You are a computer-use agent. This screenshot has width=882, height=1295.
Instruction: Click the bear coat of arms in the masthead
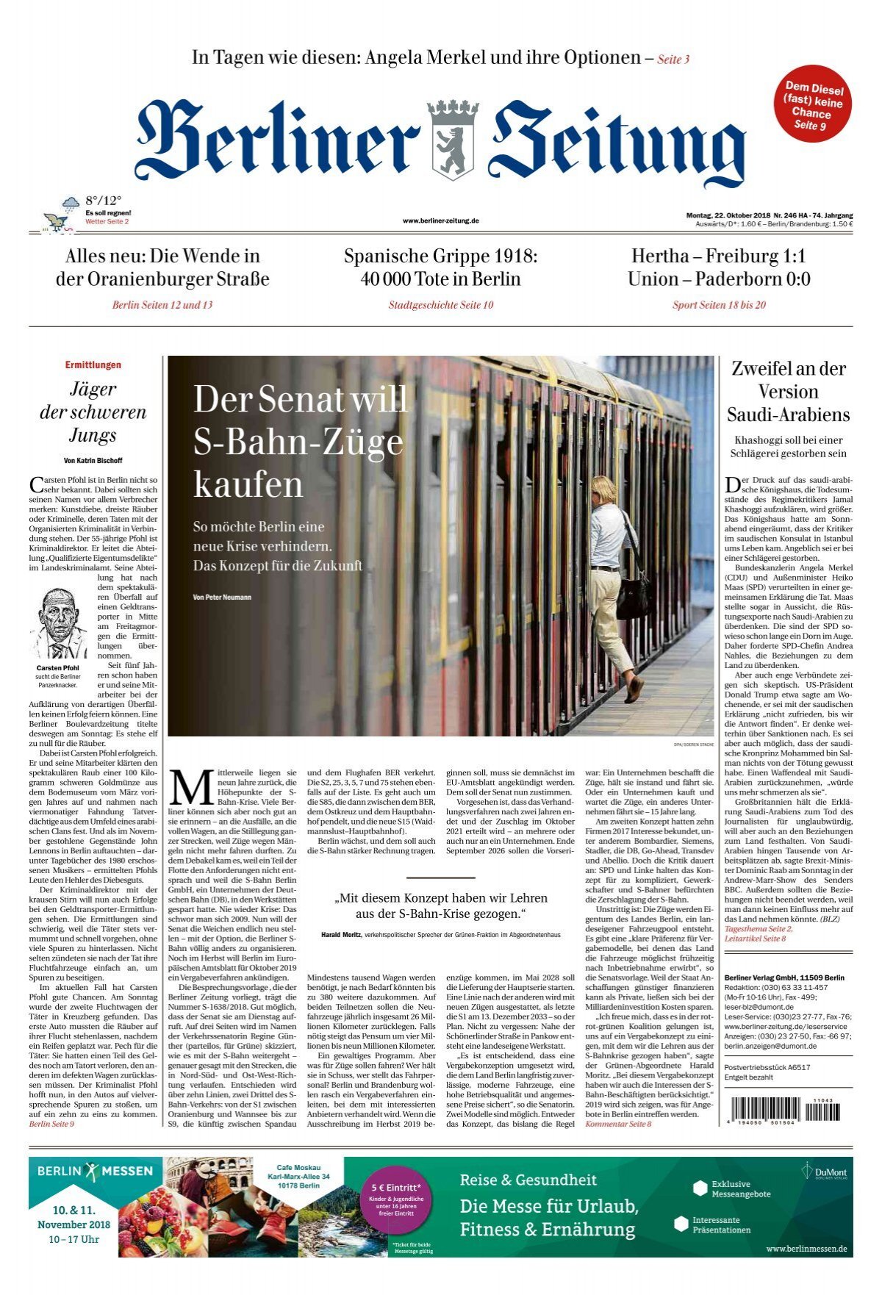pyautogui.click(x=453, y=140)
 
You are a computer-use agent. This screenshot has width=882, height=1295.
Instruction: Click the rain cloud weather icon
pyautogui.click(x=71, y=204)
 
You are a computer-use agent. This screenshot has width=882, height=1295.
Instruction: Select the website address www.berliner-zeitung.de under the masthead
pyautogui.click(x=441, y=220)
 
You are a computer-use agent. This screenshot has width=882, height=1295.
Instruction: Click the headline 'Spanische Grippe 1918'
pyautogui.click(x=441, y=257)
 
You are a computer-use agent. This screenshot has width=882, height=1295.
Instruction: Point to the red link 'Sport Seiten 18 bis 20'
pyautogui.click(x=719, y=305)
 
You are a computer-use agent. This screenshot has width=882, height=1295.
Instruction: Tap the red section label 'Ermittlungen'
pyautogui.click(x=93, y=365)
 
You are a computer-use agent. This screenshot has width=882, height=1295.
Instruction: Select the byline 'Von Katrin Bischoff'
pyautogui.click(x=93, y=460)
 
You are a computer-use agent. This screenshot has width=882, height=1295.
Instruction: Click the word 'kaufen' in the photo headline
pyautogui.click(x=248, y=485)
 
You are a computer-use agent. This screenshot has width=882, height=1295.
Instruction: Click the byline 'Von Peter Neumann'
pyautogui.click(x=222, y=598)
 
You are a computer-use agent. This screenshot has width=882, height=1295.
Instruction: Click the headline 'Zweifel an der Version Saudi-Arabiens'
pyautogui.click(x=788, y=392)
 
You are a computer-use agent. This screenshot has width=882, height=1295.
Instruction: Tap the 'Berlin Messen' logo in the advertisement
pyautogui.click(x=95, y=1171)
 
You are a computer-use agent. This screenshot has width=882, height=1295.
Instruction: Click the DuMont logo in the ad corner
pyautogui.click(x=825, y=1171)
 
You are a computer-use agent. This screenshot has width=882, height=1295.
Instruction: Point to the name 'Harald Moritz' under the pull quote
pyautogui.click(x=341, y=935)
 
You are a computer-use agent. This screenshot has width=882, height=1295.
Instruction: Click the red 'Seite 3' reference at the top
pyautogui.click(x=673, y=60)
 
